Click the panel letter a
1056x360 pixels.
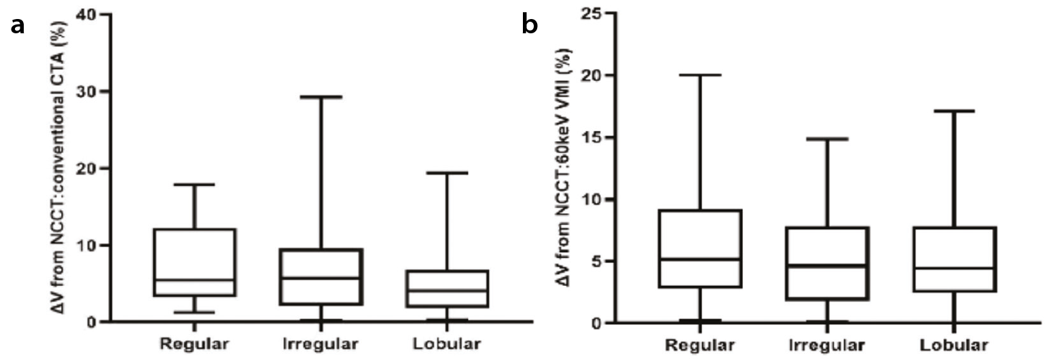[x=18, y=26]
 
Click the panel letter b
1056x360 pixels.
[x=530, y=24]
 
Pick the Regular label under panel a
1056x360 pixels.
[x=194, y=344]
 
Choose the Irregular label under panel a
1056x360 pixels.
[x=321, y=344]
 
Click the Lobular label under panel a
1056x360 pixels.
[x=447, y=344]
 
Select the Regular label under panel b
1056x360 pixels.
[x=699, y=345]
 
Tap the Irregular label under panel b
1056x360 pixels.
[x=827, y=345]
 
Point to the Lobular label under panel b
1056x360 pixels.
[x=953, y=345]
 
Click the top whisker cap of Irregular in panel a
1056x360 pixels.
[x=321, y=96]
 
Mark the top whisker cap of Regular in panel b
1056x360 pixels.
[x=700, y=75]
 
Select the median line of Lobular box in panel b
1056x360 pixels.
[x=954, y=268]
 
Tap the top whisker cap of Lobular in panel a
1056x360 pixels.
[x=447, y=173]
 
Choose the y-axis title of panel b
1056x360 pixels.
[x=564, y=168]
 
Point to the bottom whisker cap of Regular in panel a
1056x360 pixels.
[x=194, y=312]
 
